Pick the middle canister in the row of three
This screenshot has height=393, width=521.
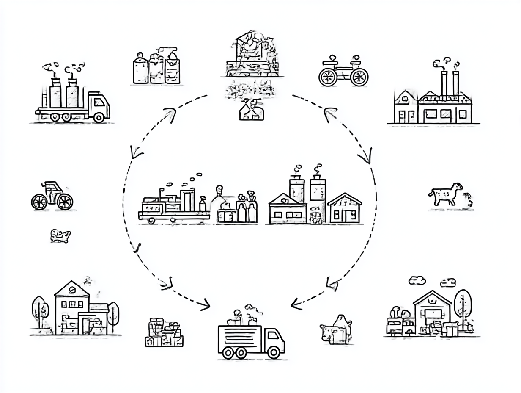coord(156,69)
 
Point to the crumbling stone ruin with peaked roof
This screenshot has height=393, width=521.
coord(252,55)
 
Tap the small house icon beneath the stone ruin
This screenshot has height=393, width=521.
coord(251,111)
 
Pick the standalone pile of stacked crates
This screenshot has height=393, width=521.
coord(164,332)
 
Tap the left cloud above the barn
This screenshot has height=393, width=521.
coord(417,280)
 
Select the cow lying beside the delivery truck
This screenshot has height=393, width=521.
coord(336,329)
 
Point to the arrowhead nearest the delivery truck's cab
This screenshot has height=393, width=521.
coord(296,303)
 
